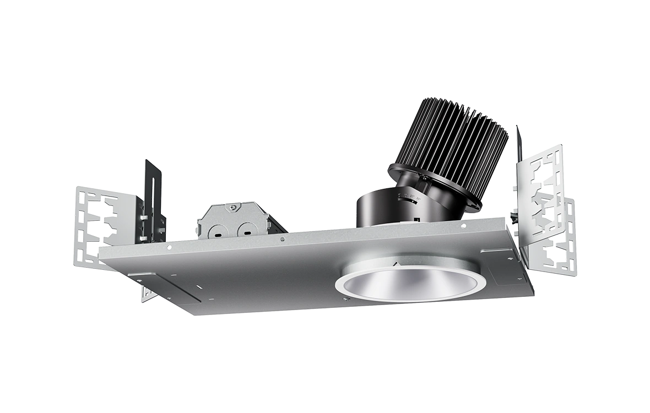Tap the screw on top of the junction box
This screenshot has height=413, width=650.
pyautogui.click(x=234, y=208)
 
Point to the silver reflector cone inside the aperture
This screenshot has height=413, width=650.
pyautogui.click(x=410, y=282)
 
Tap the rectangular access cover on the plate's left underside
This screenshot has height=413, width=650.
pyautogui.click(x=165, y=286)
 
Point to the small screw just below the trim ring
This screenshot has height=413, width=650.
pyautogui.click(x=345, y=299)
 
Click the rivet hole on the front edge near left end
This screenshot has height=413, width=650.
pyautogui.click(x=169, y=247)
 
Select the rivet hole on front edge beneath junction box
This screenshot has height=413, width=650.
pyautogui.click(x=282, y=239)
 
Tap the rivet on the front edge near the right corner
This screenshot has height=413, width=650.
pyautogui.click(x=463, y=226)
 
